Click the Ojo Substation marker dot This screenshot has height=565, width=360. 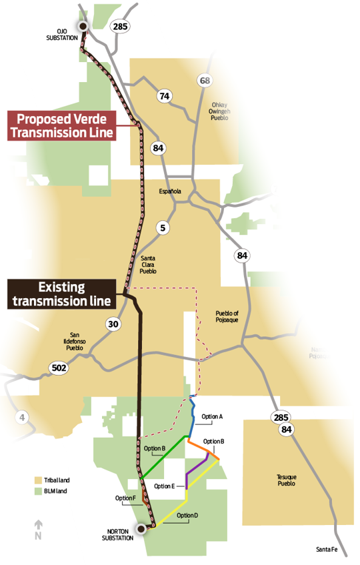pyautogui.click(x=83, y=27)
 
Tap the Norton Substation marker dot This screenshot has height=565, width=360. pyautogui.click(x=141, y=530)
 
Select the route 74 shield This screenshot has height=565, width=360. pyautogui.click(x=164, y=96)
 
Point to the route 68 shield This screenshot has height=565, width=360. pyautogui.click(x=205, y=81)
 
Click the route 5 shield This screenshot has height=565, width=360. pyautogui.click(x=163, y=228)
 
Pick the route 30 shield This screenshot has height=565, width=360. pyautogui.click(x=113, y=324)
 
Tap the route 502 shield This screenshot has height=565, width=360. pyautogui.click(x=57, y=367)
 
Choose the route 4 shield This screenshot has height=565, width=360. pyautogui.click(x=23, y=418)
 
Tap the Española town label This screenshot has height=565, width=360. pyautogui.click(x=170, y=191)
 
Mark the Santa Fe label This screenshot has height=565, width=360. pyautogui.click(x=327, y=550)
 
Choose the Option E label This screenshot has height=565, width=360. pyautogui.click(x=164, y=486)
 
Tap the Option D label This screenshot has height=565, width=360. pyautogui.click(x=188, y=516)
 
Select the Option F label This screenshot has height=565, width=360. pyautogui.click(x=125, y=498)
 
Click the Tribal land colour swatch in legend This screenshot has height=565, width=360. pyautogui.click(x=39, y=480)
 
